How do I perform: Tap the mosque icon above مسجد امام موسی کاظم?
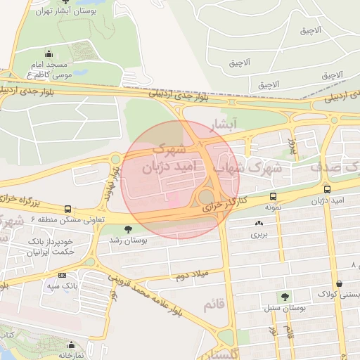pyautogui.click(x=49, y=53)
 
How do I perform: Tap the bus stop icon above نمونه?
pyautogui.click(x=273, y=197)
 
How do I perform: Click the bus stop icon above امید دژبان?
pyautogui.click(x=327, y=189)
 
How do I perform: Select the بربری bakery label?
pyautogui.click(x=260, y=233)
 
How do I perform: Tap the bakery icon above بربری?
pyautogui.click(x=259, y=223)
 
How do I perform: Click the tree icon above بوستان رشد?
pyautogui.click(x=127, y=229)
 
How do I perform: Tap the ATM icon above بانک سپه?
pyautogui.click(x=63, y=275)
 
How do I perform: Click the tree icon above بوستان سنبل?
pyautogui.click(x=284, y=297)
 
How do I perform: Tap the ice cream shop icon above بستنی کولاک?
pyautogui.click(x=339, y=283)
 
